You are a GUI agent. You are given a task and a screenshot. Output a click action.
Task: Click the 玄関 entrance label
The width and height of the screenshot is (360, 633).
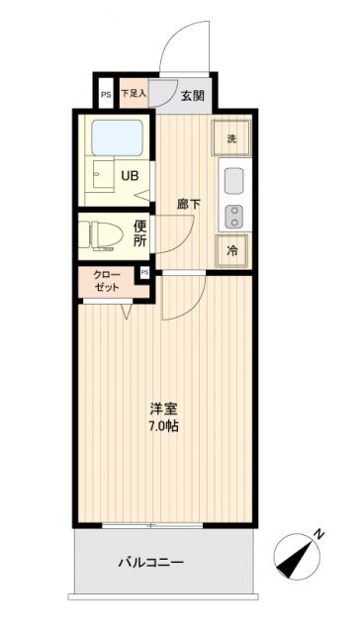[x=193, y=95]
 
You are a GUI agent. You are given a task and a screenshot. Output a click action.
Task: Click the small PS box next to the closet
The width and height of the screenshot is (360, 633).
[x=145, y=272]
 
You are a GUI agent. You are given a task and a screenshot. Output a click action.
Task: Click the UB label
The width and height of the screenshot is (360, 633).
[x=130, y=177]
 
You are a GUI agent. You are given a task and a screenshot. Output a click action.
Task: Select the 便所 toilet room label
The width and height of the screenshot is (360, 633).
[x=140, y=234]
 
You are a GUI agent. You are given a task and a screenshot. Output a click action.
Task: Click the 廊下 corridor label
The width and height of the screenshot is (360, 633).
[x=189, y=205]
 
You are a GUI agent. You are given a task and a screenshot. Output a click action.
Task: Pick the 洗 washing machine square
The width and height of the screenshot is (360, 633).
[x=231, y=138]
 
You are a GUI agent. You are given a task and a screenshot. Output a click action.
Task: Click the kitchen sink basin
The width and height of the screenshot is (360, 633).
[x=234, y=182]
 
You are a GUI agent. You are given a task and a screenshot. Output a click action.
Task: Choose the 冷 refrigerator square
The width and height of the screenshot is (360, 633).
[x=231, y=251]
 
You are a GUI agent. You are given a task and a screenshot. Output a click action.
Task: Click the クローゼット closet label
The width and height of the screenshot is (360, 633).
[x=109, y=280]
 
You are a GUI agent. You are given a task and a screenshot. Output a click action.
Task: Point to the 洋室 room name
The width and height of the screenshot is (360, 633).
[x=164, y=407]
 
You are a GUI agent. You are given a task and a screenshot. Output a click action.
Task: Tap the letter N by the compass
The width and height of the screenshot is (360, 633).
[x=318, y=534]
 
